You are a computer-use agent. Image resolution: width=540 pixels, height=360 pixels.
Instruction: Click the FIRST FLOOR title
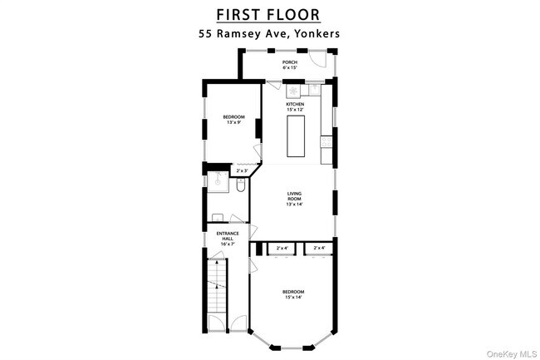click(x=268, y=14)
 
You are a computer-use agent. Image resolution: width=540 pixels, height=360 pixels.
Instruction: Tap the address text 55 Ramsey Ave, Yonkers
click(x=268, y=34)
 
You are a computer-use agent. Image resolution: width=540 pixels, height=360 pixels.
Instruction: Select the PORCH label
click(x=289, y=64)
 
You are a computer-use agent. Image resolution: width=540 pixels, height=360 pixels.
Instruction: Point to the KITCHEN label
click(x=295, y=106)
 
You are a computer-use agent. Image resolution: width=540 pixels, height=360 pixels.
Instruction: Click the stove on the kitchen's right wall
click(x=326, y=142)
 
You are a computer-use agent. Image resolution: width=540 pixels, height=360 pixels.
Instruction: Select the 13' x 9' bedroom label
click(x=233, y=120)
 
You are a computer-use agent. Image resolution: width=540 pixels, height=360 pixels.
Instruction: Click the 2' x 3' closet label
click(x=242, y=171)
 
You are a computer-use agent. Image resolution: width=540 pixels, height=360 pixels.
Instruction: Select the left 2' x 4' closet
click(x=282, y=247)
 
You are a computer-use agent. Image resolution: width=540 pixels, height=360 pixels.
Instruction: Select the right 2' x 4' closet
click(x=319, y=247)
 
